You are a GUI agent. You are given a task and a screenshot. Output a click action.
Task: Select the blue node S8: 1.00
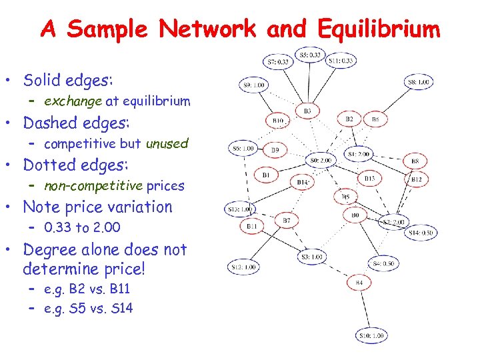pyautogui.click(x=418, y=83)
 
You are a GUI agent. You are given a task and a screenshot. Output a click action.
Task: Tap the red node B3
pyautogui.click(x=307, y=110)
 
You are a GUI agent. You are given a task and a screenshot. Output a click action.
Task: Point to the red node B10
pyautogui.click(x=278, y=121)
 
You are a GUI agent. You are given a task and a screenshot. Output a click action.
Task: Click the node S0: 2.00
pyautogui.click(x=320, y=161)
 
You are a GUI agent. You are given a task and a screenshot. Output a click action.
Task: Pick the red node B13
pyautogui.click(x=370, y=178)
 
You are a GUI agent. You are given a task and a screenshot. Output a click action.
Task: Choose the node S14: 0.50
pyautogui.click(x=421, y=233)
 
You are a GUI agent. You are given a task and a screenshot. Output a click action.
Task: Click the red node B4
pyautogui.click(x=359, y=283)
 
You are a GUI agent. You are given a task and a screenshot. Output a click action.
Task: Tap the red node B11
pyautogui.click(x=251, y=227)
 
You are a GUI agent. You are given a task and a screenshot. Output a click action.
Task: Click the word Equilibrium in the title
pyautogui.click(x=379, y=29)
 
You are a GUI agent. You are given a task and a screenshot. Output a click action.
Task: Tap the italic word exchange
pyautogui.click(x=73, y=101)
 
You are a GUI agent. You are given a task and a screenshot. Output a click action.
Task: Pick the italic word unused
pyautogui.click(x=167, y=143)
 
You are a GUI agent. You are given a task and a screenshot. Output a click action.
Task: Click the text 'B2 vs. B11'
pyautogui.click(x=87, y=289)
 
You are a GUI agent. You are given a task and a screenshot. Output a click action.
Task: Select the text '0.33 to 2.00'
pyautogui.click(x=82, y=227)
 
